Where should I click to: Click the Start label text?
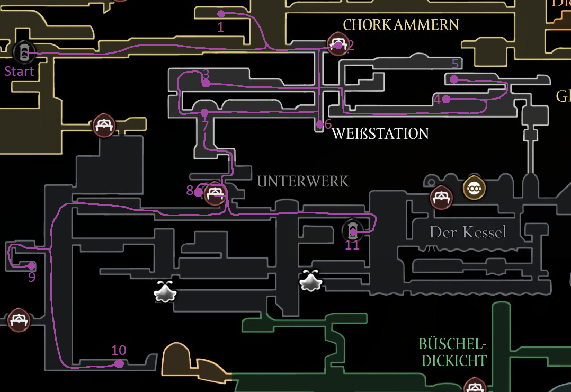(19, 72)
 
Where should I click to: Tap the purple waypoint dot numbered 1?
(221, 14)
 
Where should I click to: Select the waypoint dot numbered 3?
(206, 84)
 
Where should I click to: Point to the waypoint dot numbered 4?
(446, 99)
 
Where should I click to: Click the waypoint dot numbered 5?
(454, 79)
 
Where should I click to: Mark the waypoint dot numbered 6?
(319, 124)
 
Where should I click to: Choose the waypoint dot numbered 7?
(204, 112)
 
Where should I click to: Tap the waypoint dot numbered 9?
(31, 266)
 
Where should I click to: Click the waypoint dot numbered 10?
(119, 363)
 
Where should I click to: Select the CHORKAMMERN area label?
(401, 25)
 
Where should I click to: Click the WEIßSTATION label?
(380, 134)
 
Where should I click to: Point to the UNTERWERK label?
(303, 182)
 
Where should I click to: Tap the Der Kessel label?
(468, 232)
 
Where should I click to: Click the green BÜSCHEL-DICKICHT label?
(452, 352)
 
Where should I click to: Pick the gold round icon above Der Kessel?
(474, 188)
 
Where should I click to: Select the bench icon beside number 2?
(337, 43)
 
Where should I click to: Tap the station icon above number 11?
(352, 229)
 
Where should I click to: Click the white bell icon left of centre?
(165, 291)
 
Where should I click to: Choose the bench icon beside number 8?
(215, 193)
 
